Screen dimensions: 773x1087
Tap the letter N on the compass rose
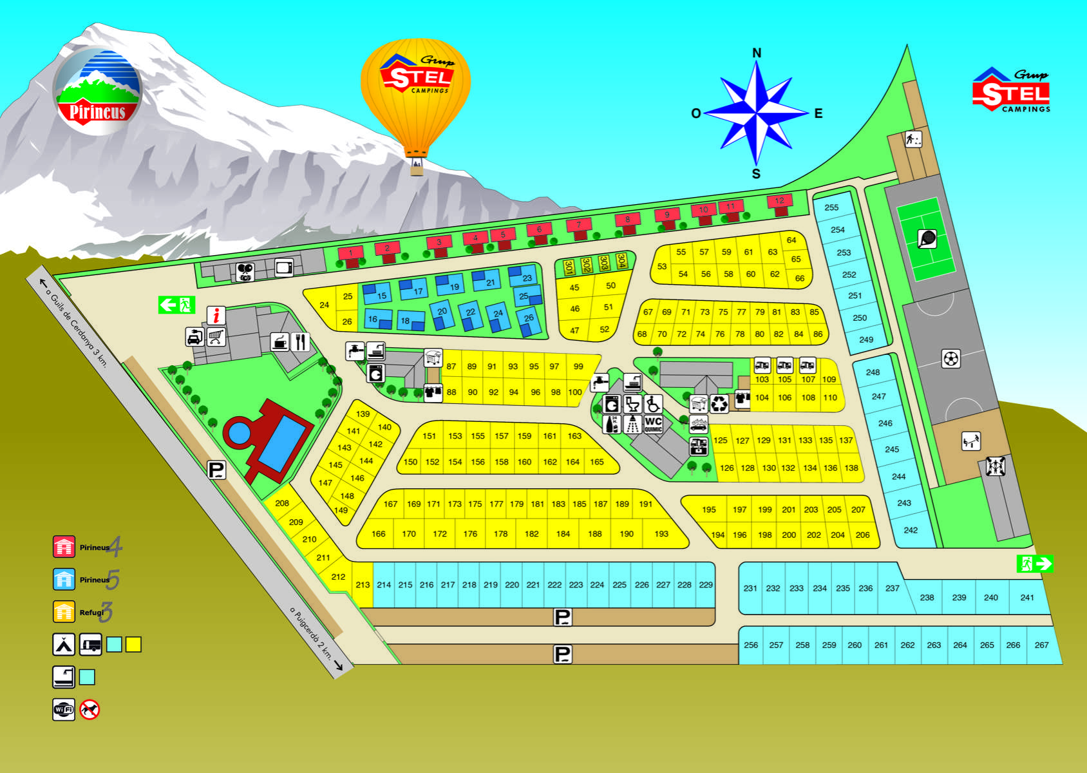(757, 53)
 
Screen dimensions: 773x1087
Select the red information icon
(216, 316)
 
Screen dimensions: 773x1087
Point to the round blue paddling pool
(240, 432)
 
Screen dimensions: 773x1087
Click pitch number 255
(831, 207)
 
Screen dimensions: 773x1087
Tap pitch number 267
(1041, 645)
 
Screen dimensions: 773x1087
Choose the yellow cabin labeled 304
(621, 262)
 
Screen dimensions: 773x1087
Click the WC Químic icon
(653, 424)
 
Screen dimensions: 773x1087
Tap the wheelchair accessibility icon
(653, 404)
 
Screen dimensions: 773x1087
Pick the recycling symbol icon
(719, 403)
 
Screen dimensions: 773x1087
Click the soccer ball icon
(951, 358)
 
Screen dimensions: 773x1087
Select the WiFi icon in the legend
(64, 710)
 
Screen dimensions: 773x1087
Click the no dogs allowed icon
(90, 710)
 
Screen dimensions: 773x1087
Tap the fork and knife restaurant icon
(300, 341)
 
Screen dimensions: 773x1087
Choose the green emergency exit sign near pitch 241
(1035, 564)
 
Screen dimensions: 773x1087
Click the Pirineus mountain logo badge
(98, 91)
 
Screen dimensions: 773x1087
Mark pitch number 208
(282, 503)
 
